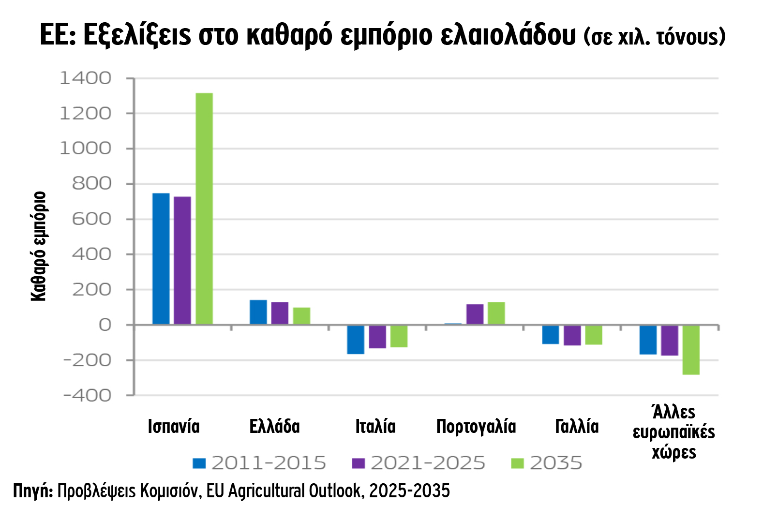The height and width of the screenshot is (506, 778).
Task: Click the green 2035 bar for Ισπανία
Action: coord(204,208)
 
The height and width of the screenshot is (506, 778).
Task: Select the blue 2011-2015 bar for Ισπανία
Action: coord(161,258)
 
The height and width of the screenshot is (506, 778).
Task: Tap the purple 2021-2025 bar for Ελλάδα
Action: coord(280,313)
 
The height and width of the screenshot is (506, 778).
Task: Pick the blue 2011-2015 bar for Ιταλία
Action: coord(356,340)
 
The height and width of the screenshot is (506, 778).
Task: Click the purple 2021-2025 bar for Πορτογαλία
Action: coord(475,314)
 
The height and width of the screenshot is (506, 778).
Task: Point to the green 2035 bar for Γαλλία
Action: coord(594,335)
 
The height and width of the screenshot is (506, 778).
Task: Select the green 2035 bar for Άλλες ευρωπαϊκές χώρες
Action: coord(691,350)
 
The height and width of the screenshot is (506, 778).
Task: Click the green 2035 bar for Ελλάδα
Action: coord(301,316)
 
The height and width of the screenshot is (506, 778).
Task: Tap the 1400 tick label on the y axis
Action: coord(85,78)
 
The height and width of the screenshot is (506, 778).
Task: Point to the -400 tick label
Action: coord(87,395)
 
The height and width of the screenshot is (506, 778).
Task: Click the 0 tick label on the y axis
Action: coord(105,325)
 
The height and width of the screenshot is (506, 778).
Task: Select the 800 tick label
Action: coord(91,184)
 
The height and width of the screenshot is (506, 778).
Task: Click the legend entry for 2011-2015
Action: coord(259,463)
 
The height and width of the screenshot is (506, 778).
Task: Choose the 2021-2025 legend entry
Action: coord(419,463)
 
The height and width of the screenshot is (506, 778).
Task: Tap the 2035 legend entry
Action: coord(547,463)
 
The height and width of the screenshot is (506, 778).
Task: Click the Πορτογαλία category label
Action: coord(476,427)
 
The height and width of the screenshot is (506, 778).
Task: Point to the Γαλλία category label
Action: coord(577,427)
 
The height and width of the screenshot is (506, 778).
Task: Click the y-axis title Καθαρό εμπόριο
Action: coord(39,246)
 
